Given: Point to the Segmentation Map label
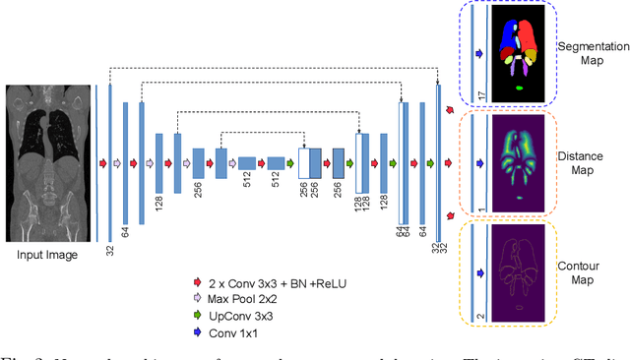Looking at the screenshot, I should (590, 55).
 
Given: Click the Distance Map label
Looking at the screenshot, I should (591, 160).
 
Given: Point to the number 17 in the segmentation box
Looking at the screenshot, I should (479, 94).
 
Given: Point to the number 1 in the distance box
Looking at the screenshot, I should (479, 206).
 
